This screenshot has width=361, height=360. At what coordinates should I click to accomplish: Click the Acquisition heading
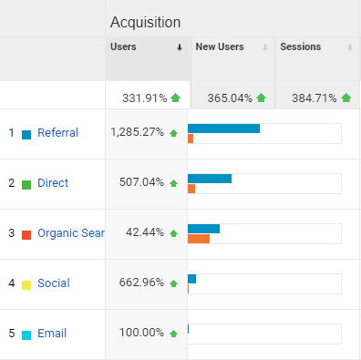click(145, 22)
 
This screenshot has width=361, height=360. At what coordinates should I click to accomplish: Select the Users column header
click(124, 46)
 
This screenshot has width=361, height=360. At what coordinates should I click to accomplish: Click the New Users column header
click(218, 46)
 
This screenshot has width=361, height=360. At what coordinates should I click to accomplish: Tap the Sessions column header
click(300, 46)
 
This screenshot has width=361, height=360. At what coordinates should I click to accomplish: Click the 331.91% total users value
click(137, 97)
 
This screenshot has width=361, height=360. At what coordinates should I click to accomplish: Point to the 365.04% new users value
click(222, 97)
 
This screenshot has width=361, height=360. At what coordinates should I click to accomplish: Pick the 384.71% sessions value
click(307, 97)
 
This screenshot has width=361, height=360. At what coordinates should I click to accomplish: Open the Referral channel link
click(58, 133)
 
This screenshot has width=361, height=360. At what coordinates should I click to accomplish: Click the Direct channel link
click(53, 183)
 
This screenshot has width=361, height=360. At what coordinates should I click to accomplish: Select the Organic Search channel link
click(71, 233)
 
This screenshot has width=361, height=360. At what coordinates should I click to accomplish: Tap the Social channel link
click(53, 283)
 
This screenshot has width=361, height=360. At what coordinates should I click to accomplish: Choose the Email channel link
click(52, 334)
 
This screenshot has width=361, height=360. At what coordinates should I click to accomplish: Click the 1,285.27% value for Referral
click(137, 132)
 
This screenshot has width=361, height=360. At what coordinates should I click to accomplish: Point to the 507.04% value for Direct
click(141, 182)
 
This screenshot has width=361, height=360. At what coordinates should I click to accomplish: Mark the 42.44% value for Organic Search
click(144, 232)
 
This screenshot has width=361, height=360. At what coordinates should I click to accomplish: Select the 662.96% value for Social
click(141, 283)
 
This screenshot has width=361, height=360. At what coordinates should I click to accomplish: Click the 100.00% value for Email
click(141, 333)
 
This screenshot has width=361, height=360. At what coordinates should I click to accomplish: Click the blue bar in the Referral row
click(223, 129)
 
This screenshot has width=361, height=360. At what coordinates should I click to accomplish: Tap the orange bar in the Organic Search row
click(199, 239)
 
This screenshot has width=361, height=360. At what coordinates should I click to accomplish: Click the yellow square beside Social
click(26, 284)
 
